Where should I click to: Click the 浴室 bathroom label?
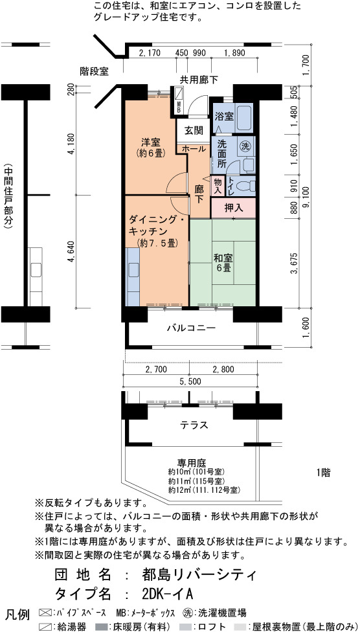pyautogui.click(x=224, y=117)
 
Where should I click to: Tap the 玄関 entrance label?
pyautogui.click(x=194, y=130)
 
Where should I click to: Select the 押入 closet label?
pyautogui.click(x=233, y=209)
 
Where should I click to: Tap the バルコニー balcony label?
pyautogui.click(x=192, y=328)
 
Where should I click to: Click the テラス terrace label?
pyautogui.click(x=194, y=425)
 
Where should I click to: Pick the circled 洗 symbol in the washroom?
pyautogui.click(x=245, y=146)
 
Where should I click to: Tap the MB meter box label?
pyautogui.click(x=179, y=107)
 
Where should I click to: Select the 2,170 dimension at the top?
pyautogui.click(x=150, y=53)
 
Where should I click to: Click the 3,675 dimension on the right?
pyautogui.click(x=294, y=263)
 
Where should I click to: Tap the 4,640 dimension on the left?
pyautogui.click(x=72, y=253)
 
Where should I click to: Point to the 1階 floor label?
pyautogui.click(x=324, y=472)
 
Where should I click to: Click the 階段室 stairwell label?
pyautogui.click(x=94, y=72)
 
